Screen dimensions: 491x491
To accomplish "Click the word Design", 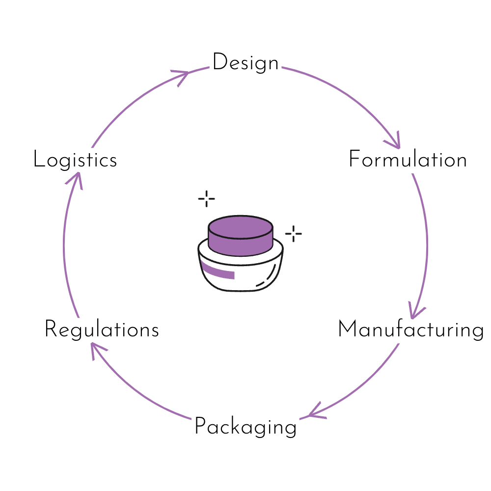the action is point(245,63).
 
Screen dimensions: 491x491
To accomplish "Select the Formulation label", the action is point(408,159).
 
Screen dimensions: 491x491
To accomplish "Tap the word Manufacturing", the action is point(411,329).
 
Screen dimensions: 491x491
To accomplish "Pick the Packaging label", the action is point(245,427).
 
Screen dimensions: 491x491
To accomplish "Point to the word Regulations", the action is point(102,329).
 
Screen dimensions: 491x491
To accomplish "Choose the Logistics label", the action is point(75,160).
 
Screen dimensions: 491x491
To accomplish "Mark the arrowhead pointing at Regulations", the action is point(97,349).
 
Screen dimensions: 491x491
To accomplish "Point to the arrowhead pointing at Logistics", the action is point(76,179).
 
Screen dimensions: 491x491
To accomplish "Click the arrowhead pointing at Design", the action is point(182,76).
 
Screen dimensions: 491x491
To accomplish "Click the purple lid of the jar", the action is point(241,236).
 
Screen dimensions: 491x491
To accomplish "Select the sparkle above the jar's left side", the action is point(206,198).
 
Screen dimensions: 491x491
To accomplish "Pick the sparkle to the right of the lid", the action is point(294,234).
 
